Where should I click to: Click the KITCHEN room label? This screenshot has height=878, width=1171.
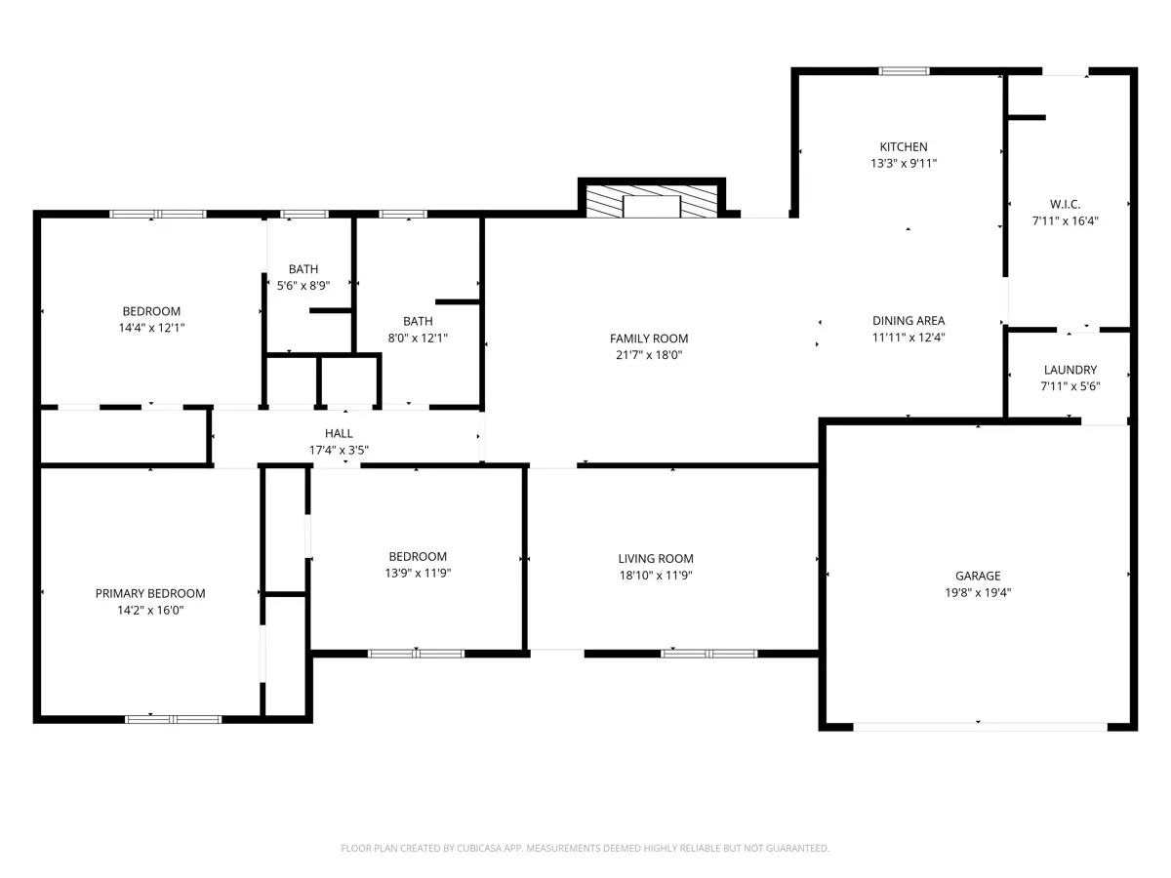click(904, 146)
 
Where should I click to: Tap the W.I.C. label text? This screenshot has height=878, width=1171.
click(1065, 204)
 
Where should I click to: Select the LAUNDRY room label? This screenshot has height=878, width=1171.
click(1070, 370)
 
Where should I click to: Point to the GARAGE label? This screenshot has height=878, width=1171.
click(978, 576)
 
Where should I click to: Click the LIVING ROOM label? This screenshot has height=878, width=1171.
click(656, 559)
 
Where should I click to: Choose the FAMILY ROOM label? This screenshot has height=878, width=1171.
click(649, 339)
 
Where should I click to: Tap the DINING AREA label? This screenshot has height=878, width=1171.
click(909, 321)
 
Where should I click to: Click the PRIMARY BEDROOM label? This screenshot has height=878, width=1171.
click(150, 594)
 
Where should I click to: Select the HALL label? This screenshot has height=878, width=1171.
click(339, 433)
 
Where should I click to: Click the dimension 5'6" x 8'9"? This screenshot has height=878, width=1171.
click(303, 286)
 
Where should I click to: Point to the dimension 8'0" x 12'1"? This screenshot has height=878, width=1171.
click(418, 338)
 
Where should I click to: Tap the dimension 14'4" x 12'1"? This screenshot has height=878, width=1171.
click(151, 328)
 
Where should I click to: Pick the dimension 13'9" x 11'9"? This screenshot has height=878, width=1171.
click(418, 573)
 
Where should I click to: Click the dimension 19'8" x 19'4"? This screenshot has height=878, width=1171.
click(978, 593)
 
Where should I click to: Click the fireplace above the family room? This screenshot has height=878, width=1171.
click(652, 201)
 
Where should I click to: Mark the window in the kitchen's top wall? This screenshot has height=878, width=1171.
click(904, 71)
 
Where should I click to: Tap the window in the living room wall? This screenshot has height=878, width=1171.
click(709, 654)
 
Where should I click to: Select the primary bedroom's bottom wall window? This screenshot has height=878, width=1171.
click(173, 720)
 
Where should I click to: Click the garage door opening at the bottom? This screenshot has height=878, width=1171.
click(980, 727)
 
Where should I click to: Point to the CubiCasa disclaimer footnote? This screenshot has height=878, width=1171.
click(585, 848)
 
